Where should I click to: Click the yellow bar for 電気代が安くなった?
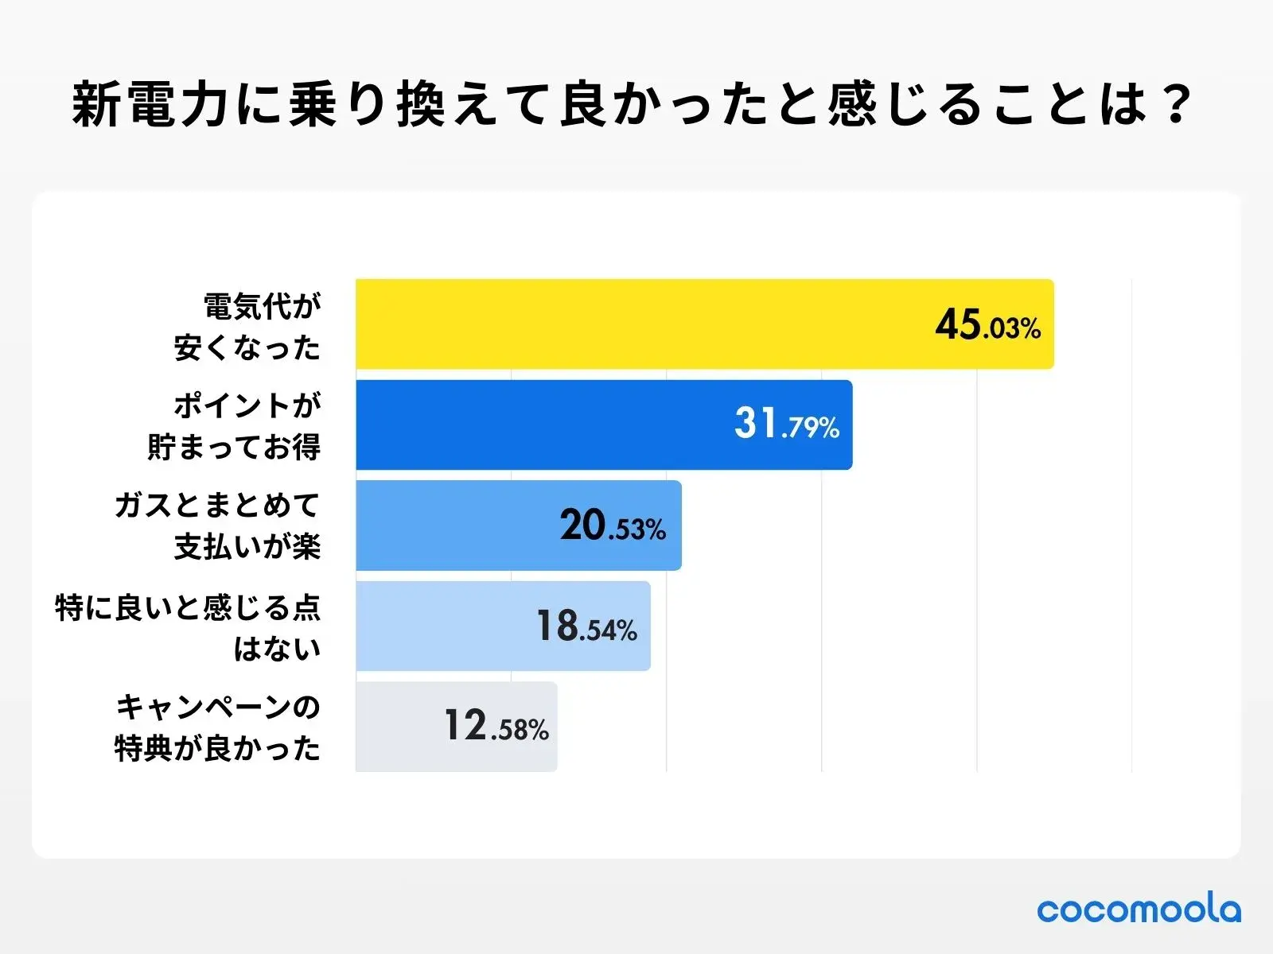[x=636, y=324]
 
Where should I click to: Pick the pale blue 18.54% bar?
[x=446, y=626]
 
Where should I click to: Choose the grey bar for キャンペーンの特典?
[x=398, y=727]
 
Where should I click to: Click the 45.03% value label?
[x=987, y=325]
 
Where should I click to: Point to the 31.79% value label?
[x=786, y=425]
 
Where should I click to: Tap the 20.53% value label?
[x=613, y=526]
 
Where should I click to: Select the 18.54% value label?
[x=586, y=626]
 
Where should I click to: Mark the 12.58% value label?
[x=496, y=727]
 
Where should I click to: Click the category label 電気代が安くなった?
[x=247, y=327]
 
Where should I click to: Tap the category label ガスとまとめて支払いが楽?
[x=217, y=526]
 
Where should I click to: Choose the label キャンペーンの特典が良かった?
[x=217, y=727]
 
